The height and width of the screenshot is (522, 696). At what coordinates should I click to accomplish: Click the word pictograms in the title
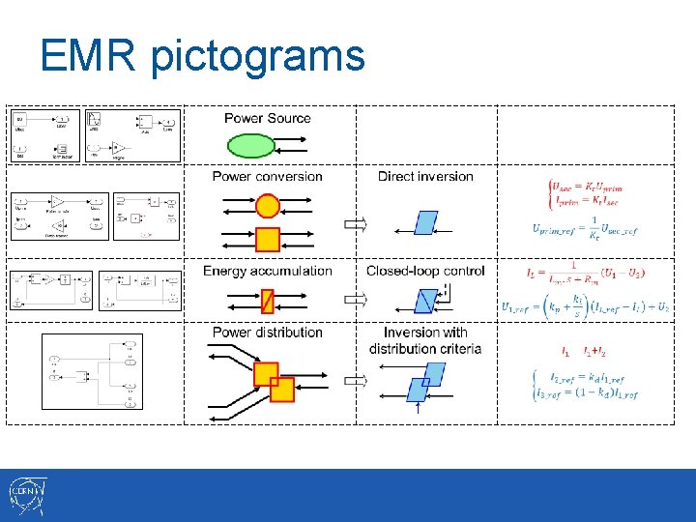tap(257, 58)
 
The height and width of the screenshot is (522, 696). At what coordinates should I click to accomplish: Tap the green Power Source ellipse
tap(251, 146)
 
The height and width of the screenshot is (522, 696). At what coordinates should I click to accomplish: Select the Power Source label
tap(268, 118)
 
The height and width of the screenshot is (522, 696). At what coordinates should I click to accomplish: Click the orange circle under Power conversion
tap(268, 205)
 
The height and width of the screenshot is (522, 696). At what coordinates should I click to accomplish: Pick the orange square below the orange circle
tap(268, 239)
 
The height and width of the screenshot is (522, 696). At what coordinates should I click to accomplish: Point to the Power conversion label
tap(267, 176)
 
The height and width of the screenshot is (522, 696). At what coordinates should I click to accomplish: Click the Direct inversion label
tap(425, 176)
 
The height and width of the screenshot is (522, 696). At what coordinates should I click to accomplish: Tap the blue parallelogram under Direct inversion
tap(426, 223)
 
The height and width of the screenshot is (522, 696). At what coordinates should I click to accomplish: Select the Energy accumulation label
tap(267, 271)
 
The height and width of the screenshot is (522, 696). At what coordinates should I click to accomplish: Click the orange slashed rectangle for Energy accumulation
tap(268, 302)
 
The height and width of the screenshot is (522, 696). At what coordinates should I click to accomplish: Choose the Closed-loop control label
tap(425, 271)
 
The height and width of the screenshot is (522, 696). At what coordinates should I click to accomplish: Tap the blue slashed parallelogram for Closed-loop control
tap(425, 301)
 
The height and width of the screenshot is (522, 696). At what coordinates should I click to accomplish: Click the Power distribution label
tap(267, 332)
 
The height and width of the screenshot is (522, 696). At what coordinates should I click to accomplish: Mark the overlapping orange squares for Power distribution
tap(274, 382)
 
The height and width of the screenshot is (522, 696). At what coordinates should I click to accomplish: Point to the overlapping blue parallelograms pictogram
tap(425, 381)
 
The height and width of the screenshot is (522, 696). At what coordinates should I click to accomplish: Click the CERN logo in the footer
tap(26, 495)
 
